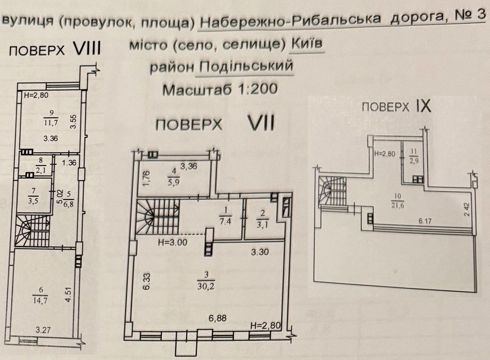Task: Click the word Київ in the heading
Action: (307, 44)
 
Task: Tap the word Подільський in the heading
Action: (246, 66)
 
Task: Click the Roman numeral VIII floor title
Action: (87, 49)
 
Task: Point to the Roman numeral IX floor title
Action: (423, 106)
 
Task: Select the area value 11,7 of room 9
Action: (51, 123)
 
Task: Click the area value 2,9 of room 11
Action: (414, 161)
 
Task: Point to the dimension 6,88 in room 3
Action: (217, 318)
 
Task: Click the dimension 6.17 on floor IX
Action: (425, 221)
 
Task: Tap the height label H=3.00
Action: (172, 242)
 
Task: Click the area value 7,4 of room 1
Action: (225, 221)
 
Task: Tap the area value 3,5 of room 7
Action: (34, 201)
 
